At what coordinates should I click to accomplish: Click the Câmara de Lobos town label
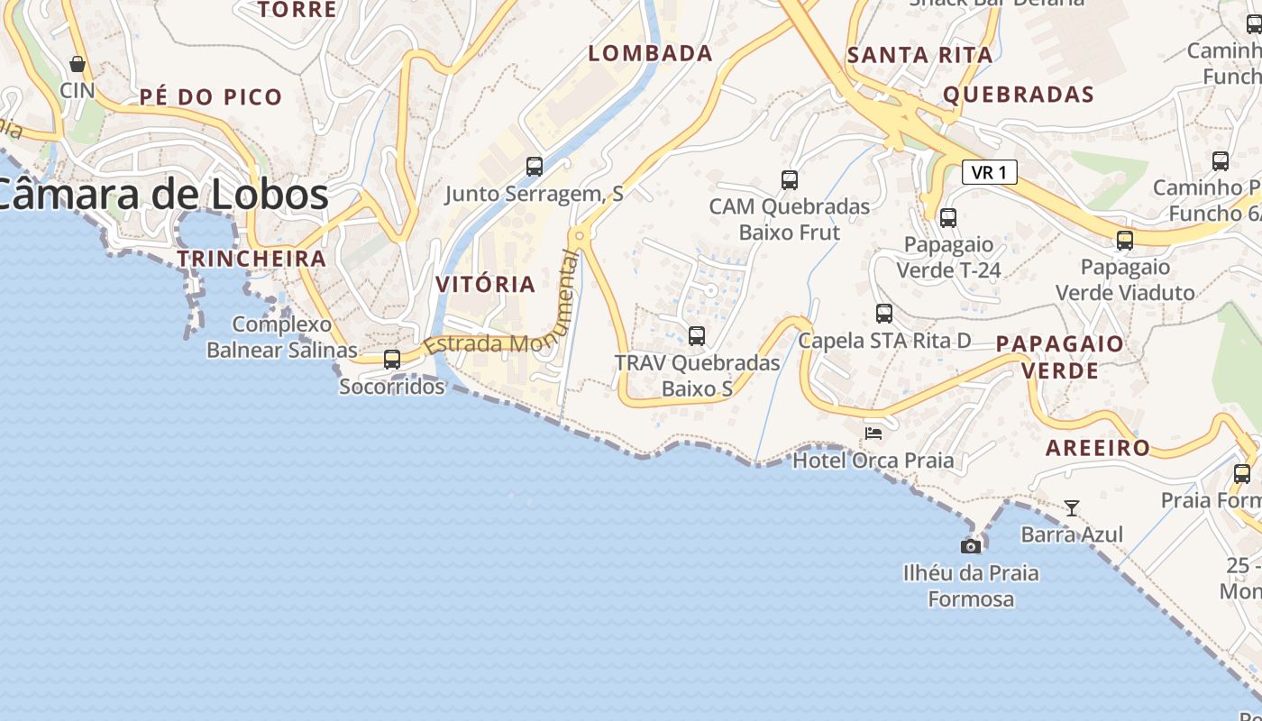[162, 195]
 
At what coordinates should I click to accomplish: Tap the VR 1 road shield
[990, 172]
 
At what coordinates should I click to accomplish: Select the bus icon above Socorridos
[392, 359]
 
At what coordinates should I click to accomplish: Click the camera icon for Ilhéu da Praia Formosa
[971, 546]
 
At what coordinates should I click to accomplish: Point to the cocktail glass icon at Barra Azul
[1072, 508]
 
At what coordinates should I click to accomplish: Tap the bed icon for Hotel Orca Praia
[873, 433]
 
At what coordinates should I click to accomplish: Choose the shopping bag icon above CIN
[78, 64]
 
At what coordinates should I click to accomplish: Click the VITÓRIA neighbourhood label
[486, 284]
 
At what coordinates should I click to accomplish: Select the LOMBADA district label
[651, 53]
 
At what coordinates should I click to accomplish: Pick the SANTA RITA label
[920, 55]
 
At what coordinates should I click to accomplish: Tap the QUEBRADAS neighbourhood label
[1019, 95]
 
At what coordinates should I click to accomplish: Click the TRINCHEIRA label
[251, 259]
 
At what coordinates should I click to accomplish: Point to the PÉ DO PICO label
[211, 96]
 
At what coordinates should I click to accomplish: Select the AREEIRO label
[1098, 448]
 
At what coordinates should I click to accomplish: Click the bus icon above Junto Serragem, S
[535, 167]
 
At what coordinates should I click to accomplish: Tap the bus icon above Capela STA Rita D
[884, 314]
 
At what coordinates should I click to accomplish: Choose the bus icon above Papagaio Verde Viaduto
[1125, 241]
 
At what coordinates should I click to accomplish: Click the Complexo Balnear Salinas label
[282, 337]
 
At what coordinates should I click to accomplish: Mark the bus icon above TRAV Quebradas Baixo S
[697, 336]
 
